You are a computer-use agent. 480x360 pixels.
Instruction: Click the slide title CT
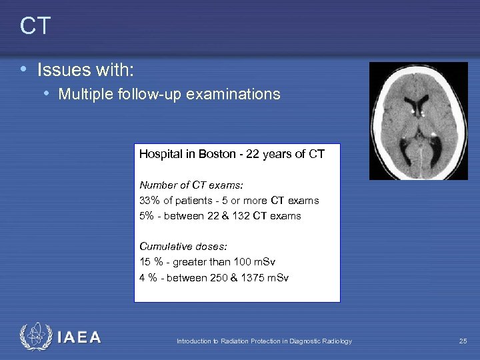coord(35,26)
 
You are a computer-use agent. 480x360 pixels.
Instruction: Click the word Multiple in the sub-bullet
coord(83,95)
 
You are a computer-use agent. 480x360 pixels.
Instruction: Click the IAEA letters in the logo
coord(79,337)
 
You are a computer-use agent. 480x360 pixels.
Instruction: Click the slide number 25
coord(463,341)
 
